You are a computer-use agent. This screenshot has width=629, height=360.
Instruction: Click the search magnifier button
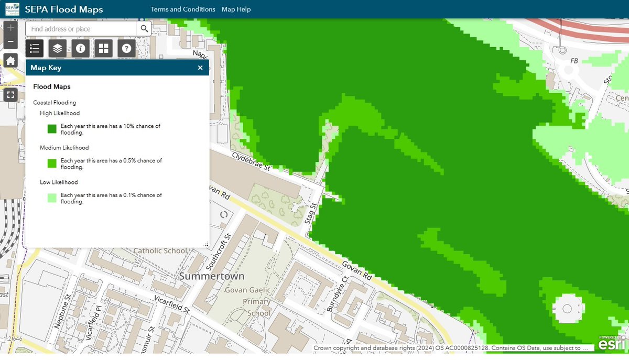tap(144, 29)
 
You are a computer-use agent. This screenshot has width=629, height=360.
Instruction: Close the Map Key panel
tap(200, 68)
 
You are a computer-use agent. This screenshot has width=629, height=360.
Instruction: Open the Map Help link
tap(236, 9)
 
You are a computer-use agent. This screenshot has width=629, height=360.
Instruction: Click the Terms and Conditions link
tap(183, 9)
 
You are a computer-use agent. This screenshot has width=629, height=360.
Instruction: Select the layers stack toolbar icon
tap(58, 48)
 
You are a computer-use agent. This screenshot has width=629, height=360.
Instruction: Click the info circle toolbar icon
tap(80, 48)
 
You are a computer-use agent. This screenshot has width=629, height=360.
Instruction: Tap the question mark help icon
tap(126, 48)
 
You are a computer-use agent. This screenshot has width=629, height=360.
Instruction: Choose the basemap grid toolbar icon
tap(103, 48)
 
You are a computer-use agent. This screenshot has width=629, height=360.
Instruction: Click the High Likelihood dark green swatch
tap(52, 129)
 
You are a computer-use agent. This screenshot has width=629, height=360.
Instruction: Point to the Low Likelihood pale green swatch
tap(52, 198)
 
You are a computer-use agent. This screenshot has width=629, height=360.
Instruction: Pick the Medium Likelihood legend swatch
tap(52, 163)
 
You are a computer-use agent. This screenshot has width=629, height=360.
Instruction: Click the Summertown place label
tap(212, 276)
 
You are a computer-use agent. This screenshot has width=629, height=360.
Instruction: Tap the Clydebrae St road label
tap(252, 161)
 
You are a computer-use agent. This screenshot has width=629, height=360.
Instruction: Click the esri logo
tap(612, 343)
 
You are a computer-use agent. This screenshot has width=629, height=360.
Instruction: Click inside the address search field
tap(81, 29)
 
